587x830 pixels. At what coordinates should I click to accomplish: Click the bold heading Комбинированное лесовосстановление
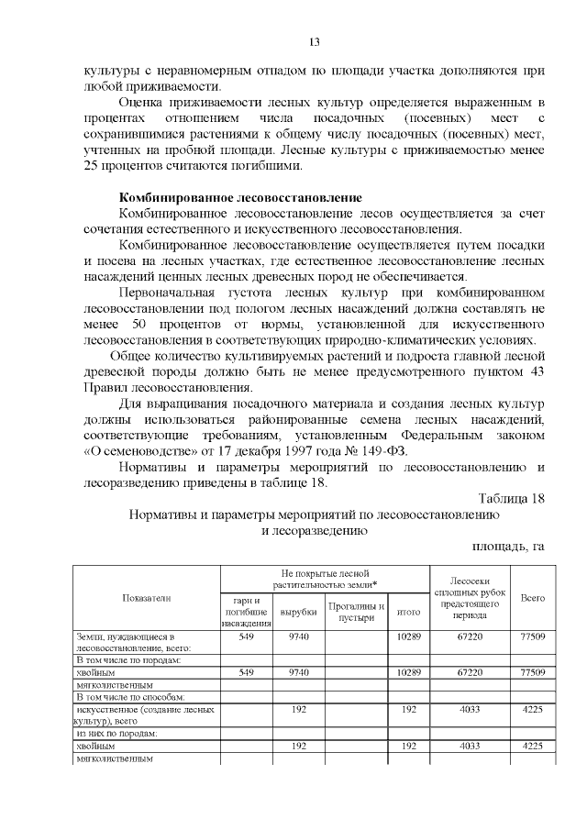tap(241, 198)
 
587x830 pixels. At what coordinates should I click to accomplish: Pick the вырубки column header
tap(298, 612)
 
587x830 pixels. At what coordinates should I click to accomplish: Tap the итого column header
tap(407, 612)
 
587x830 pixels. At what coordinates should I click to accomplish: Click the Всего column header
tap(532, 598)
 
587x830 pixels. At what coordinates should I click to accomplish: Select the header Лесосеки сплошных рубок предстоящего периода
tap(470, 598)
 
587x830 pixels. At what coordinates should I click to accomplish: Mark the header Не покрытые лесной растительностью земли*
tap(325, 578)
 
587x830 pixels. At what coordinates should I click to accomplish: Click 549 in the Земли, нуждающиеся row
tap(246, 636)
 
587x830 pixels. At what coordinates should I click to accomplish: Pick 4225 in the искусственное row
tap(532, 709)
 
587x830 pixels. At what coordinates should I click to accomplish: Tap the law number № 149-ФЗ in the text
tap(381, 450)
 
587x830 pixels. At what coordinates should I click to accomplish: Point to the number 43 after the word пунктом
tap(537, 371)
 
